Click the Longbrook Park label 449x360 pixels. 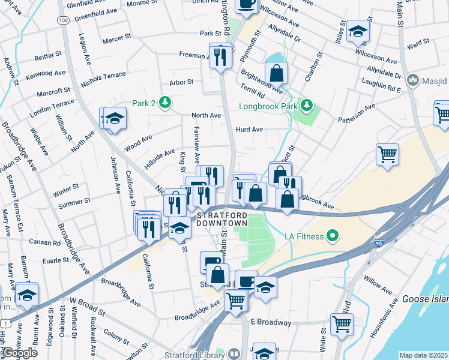(269, 106)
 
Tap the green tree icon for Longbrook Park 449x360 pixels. (307, 106)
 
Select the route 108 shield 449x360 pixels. (64, 20)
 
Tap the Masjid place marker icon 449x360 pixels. (412, 80)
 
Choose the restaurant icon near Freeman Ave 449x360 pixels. (221, 56)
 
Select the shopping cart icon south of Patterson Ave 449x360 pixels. (388, 154)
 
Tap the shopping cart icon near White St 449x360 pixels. (342, 325)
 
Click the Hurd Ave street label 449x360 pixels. (250, 129)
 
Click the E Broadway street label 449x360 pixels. (271, 322)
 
